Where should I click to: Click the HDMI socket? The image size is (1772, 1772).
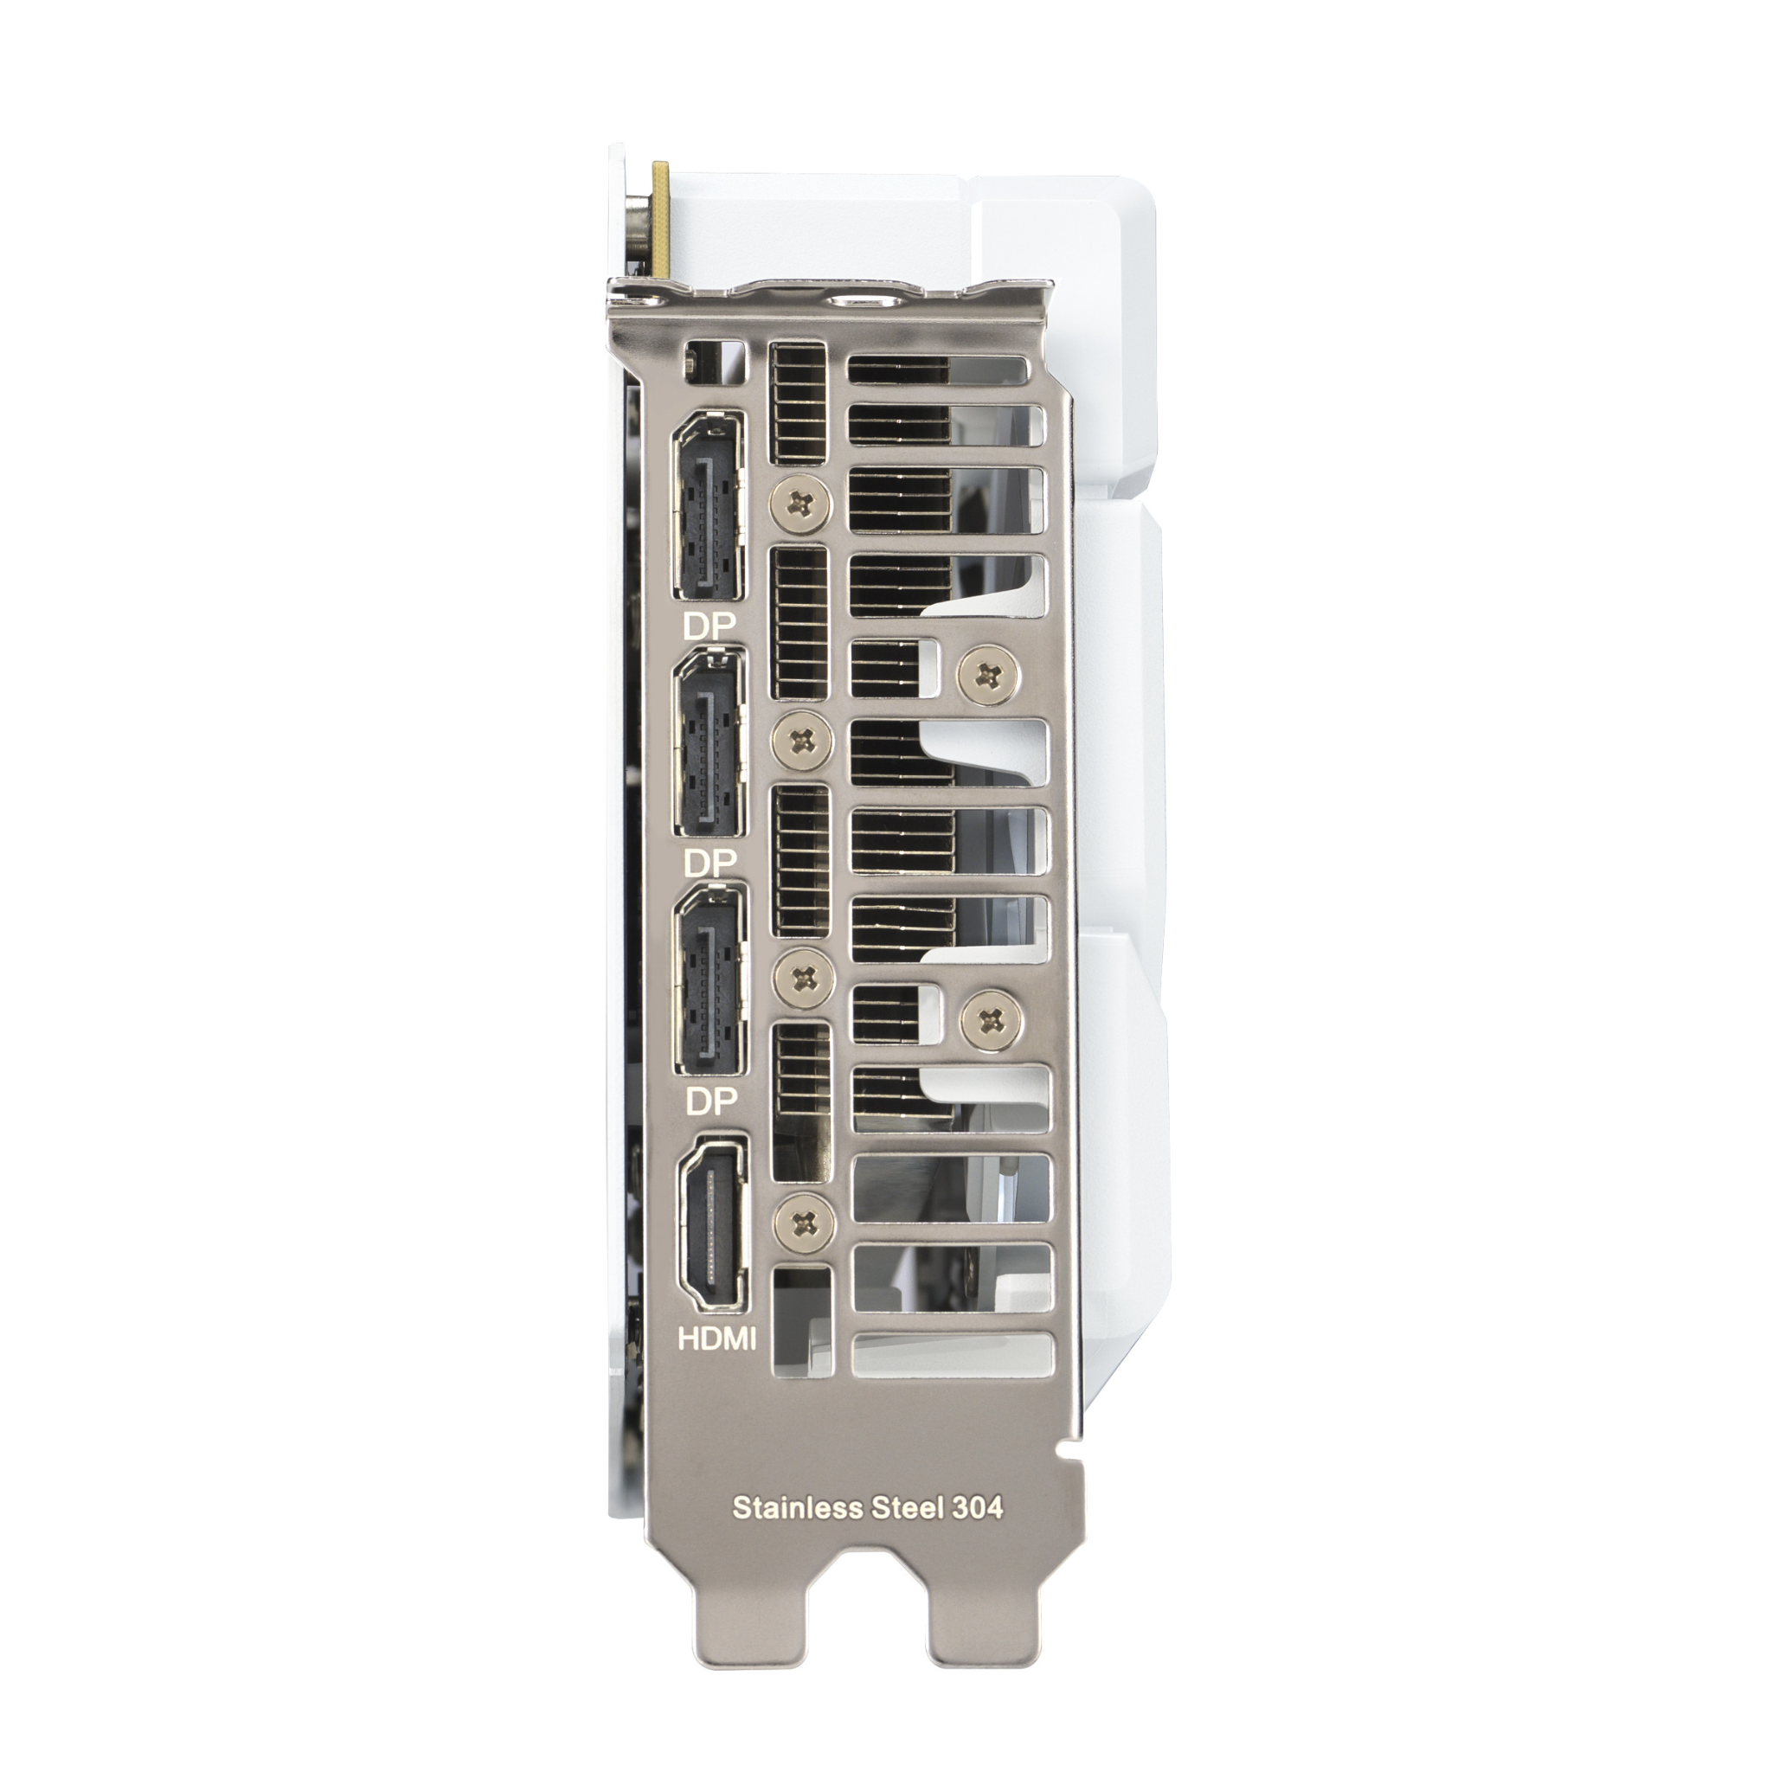click(x=713, y=1223)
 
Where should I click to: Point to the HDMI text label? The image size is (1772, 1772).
click(x=717, y=1339)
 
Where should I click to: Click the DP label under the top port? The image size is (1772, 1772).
click(x=709, y=626)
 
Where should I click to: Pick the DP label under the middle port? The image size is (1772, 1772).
click(x=709, y=862)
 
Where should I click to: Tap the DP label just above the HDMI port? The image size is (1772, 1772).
click(x=712, y=1101)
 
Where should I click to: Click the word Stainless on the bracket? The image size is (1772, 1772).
click(x=798, y=1508)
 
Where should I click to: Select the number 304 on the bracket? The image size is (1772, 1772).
click(x=977, y=1508)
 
